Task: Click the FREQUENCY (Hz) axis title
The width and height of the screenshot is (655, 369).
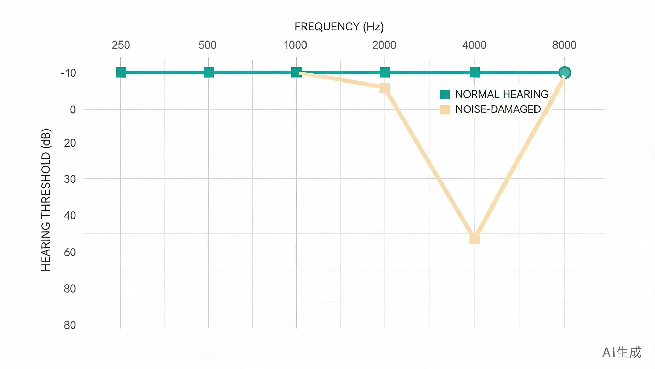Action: point(339,27)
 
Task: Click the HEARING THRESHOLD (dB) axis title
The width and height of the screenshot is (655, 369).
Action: point(46,200)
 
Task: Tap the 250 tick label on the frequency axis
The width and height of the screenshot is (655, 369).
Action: point(121,45)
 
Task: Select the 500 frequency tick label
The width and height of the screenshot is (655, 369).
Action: point(208,45)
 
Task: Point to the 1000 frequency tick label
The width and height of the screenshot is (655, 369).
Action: point(295,45)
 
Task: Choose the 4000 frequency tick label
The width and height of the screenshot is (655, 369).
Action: point(474,45)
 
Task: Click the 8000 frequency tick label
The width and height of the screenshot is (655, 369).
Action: point(564,45)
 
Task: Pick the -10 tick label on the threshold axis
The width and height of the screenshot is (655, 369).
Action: point(68,73)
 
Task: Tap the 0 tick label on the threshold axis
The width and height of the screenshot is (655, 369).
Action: point(73,110)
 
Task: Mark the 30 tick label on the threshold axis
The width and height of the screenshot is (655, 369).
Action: point(70,179)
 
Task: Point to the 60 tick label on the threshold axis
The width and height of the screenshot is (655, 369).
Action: point(70,252)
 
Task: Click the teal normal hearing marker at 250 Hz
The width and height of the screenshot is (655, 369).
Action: point(121,73)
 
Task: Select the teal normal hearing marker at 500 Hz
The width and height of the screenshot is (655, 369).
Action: point(209,73)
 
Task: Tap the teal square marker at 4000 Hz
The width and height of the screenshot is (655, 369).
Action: point(475,73)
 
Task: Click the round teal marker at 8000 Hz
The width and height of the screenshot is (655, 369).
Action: point(565,73)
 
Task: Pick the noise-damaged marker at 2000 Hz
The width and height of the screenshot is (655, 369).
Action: point(385,88)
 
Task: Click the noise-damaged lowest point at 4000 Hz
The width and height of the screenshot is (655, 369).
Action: point(475,239)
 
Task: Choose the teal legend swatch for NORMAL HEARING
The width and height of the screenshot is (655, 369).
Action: point(445,94)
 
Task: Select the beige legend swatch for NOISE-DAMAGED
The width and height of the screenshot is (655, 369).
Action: point(445,109)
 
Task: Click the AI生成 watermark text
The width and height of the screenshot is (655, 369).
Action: point(622,352)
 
